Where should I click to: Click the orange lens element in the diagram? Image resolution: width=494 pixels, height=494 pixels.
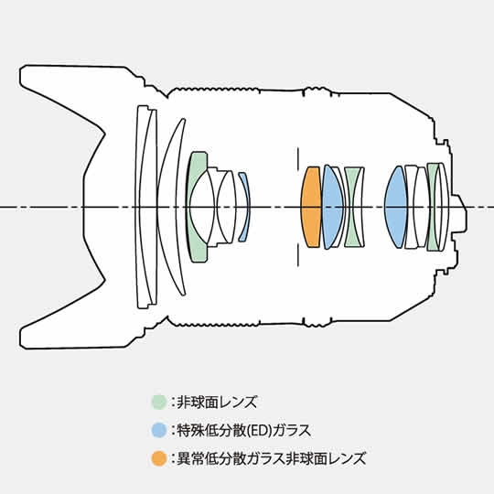pos(311,207)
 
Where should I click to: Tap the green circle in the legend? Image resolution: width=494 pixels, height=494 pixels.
pos(159,402)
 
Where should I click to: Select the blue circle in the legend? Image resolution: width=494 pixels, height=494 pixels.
pos(159,430)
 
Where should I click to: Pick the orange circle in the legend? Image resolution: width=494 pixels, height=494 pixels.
pos(159,458)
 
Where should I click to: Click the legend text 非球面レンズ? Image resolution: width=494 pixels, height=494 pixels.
pos(217,402)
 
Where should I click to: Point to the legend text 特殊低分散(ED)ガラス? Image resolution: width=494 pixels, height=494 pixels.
pos(244,430)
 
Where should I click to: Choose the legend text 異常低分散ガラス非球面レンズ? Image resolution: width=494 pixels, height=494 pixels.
pos(272,458)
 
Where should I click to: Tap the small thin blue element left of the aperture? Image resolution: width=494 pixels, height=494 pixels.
pos(245,207)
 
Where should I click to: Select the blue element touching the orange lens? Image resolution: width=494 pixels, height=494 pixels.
pos(331,207)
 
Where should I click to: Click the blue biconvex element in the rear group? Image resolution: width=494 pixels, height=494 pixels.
pos(395,207)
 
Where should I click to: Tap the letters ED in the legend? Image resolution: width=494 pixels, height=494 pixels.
pos(258,430)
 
